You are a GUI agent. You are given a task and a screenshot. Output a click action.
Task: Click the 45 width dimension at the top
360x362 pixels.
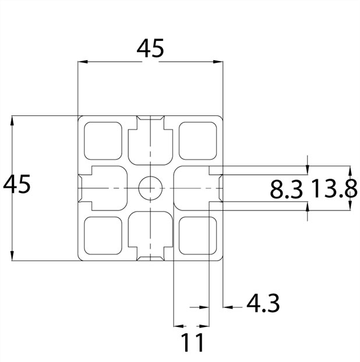click(x=150, y=48)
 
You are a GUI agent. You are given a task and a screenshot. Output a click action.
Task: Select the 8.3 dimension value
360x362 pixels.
click(x=287, y=189)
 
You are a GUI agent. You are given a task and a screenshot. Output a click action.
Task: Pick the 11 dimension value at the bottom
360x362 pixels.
click(x=192, y=343)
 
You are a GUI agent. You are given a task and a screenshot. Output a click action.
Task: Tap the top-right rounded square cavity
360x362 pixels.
click(x=198, y=139)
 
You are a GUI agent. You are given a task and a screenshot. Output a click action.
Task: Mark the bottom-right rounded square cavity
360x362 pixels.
click(x=198, y=236)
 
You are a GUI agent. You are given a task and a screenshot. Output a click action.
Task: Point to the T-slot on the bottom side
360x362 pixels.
click(x=151, y=237)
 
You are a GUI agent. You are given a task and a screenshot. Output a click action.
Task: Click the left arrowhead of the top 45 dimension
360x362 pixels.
click(x=82, y=61)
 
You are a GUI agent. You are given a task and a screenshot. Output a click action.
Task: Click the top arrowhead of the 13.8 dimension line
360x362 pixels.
click(x=350, y=170)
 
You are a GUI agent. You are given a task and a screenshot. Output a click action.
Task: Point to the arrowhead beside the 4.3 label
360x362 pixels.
click(x=228, y=305)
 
